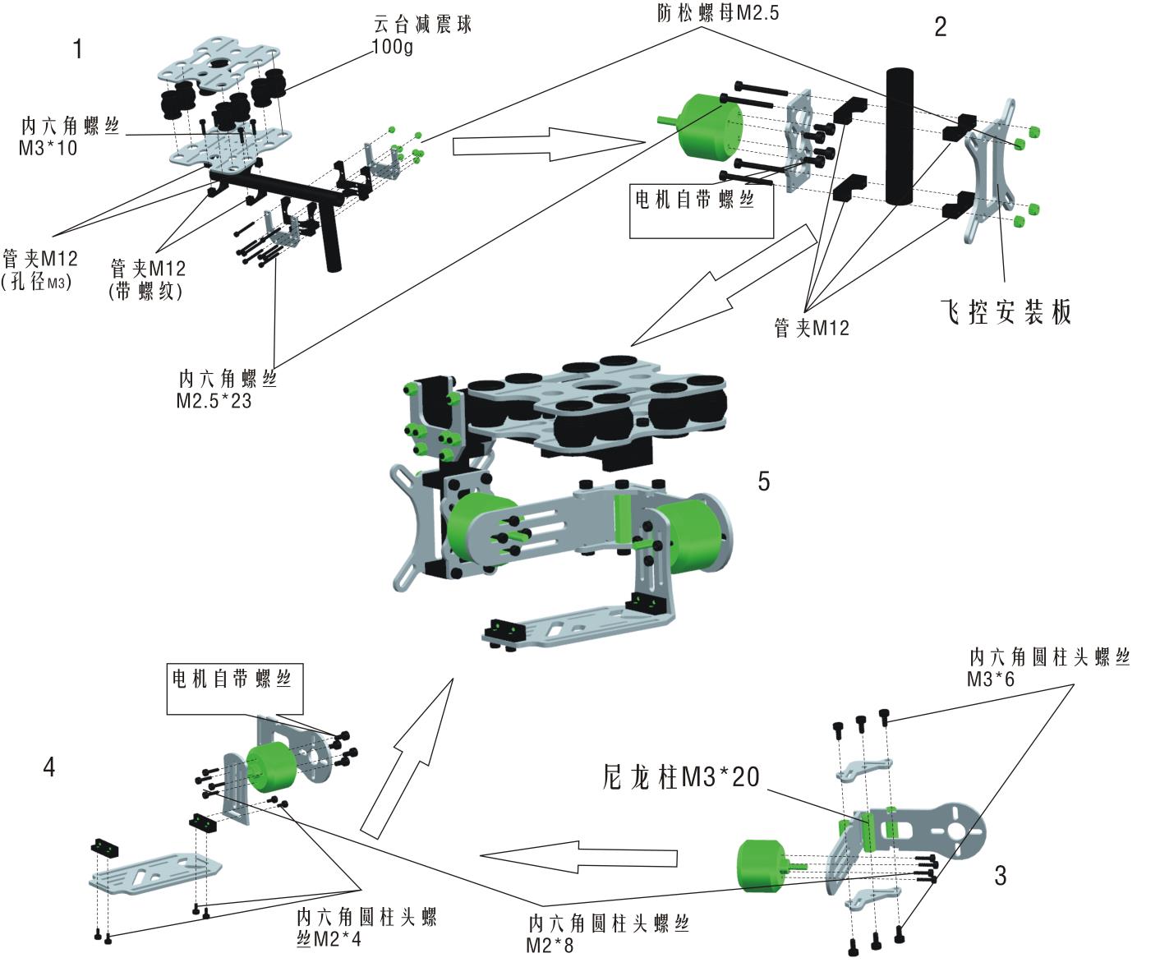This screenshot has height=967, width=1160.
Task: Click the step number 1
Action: [78, 49]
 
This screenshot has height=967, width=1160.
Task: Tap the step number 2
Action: [941, 27]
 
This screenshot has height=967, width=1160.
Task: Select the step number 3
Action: [1000, 876]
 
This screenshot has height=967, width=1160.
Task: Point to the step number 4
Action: [49, 767]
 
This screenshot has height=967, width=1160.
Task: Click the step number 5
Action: [764, 481]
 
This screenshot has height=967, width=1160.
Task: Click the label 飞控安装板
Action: [1006, 312]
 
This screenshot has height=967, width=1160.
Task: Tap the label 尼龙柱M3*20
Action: [681, 777]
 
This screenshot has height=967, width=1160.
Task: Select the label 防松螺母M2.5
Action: [718, 13]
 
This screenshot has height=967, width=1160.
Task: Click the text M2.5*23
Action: [214, 402]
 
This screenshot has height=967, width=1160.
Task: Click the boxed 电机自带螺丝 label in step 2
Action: [695, 200]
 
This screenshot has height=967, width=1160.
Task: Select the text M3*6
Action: [991, 679]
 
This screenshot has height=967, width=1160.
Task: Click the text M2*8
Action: [550, 946]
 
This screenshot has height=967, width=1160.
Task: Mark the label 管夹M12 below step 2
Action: [812, 328]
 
